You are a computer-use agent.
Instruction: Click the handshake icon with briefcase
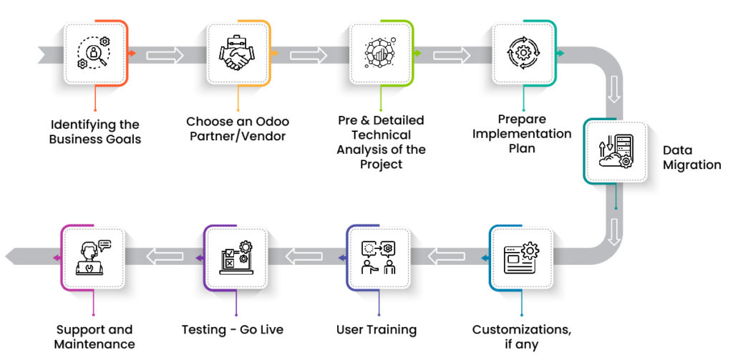point(236,53)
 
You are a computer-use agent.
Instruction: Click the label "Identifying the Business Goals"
point(95,132)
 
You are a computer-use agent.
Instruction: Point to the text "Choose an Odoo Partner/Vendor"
point(238,129)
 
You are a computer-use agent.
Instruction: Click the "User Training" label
point(377,330)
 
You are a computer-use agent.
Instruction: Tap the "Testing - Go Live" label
point(233,330)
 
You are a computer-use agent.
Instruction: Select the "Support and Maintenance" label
point(94,337)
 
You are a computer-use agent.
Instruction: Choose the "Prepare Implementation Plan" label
point(522,134)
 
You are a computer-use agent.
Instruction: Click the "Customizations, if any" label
point(521,337)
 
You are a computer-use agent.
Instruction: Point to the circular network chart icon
point(381,53)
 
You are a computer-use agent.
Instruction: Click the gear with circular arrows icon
point(523,53)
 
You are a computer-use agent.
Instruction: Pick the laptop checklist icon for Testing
point(236,258)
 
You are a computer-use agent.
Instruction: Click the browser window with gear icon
point(521,258)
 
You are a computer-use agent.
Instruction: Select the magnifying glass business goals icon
point(94,53)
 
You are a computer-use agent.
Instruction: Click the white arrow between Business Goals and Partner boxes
point(165,54)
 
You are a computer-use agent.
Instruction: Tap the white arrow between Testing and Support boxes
point(165,256)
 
